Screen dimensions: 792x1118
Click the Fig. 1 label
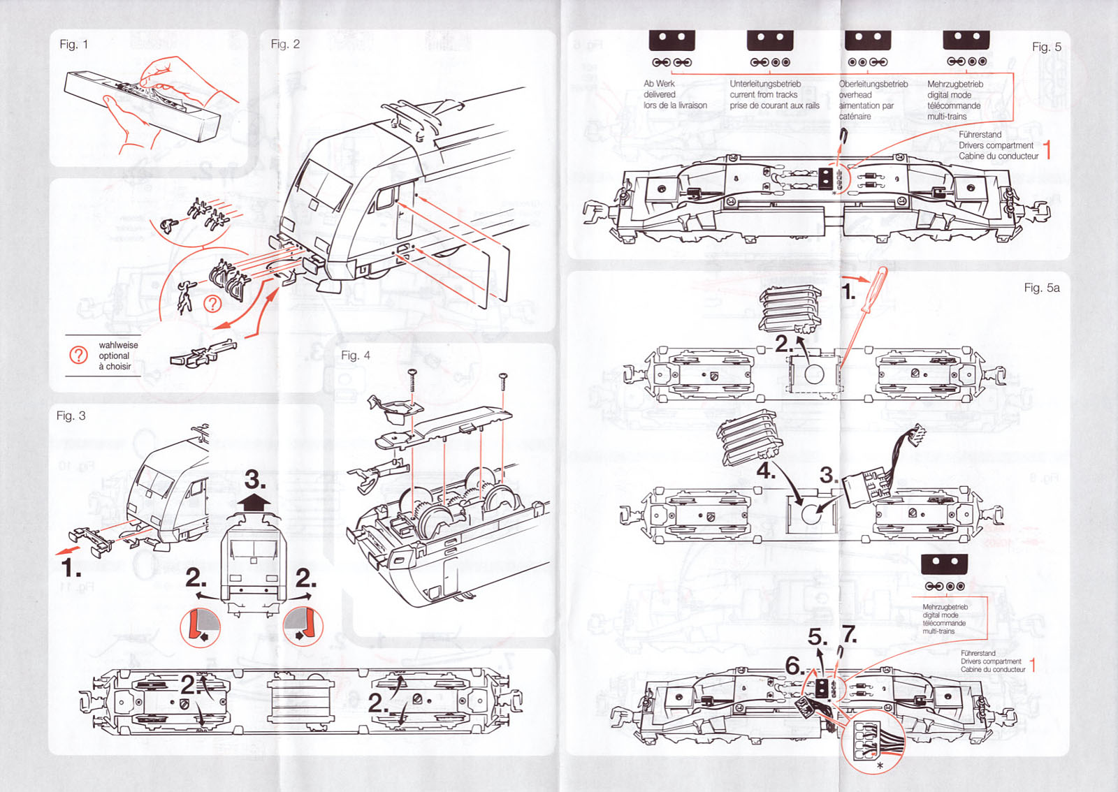[x=73, y=44]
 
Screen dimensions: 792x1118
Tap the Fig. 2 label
[x=285, y=44]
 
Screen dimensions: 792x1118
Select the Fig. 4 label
[x=355, y=355]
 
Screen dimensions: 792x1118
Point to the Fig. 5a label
[x=1041, y=288]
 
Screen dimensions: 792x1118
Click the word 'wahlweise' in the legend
[x=118, y=345]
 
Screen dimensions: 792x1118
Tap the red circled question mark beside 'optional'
[x=78, y=355]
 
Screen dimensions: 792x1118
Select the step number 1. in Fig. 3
[x=71, y=569]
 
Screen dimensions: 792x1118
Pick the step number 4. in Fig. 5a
[x=766, y=472]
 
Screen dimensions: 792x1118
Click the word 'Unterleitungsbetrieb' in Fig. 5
[x=765, y=84]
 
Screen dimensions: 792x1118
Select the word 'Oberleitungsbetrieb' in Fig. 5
[x=873, y=84]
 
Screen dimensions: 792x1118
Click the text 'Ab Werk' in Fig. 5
[x=659, y=84]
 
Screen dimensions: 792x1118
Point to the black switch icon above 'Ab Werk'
[x=671, y=40]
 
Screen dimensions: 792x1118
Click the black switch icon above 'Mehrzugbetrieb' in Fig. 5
[x=966, y=40]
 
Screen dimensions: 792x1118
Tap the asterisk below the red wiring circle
[x=880, y=767]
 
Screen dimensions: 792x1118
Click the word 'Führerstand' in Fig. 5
[x=980, y=135]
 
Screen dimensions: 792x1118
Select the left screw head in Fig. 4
[x=412, y=372]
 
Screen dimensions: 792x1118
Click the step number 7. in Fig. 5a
[x=849, y=634]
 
